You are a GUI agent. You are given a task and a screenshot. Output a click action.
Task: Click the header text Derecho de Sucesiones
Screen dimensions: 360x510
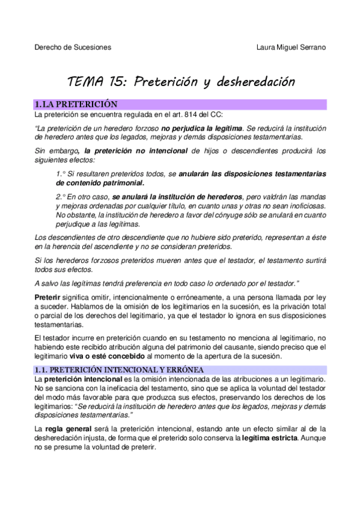(x=72, y=47)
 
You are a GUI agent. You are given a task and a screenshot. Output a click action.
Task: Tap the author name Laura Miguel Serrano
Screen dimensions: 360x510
(x=291, y=47)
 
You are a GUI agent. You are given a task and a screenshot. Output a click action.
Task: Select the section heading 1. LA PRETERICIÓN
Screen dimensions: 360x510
(x=76, y=105)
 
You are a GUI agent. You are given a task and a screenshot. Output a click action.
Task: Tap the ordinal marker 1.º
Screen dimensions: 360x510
(x=63, y=174)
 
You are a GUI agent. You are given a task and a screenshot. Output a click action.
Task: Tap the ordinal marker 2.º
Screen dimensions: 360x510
(x=63, y=197)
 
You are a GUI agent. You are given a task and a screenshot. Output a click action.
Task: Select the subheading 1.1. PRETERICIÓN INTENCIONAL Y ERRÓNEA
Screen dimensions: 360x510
(x=119, y=369)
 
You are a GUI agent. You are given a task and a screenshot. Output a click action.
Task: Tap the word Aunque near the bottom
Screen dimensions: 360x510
(x=313, y=437)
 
